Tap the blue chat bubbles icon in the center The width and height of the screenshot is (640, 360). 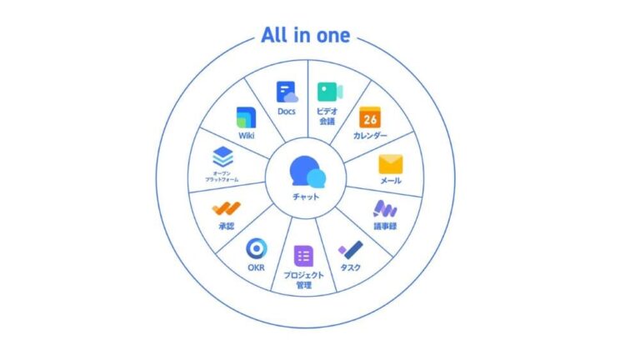[307, 172]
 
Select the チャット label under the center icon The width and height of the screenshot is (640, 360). [306, 196]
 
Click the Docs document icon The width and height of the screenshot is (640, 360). [287, 92]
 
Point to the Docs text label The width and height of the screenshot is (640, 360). [287, 112]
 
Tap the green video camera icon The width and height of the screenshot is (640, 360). [328, 92]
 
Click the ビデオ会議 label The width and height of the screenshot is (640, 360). [327, 116]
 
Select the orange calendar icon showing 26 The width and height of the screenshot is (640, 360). [370, 118]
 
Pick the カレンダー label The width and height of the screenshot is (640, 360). [370, 135]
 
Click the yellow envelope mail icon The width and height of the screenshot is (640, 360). [390, 163]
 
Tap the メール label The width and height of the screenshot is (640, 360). [390, 181]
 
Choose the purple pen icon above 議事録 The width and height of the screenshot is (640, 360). [384, 208]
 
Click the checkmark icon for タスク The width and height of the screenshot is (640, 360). [350, 248]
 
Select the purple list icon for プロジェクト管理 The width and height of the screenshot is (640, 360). [303, 257]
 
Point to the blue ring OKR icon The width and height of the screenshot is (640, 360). [256, 248]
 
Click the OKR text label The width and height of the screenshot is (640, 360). [256, 268]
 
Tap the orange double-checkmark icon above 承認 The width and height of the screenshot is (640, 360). [226, 208]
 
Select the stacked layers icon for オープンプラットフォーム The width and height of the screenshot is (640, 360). [222, 156]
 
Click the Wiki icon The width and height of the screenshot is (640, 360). [245, 117]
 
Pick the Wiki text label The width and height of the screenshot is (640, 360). [245, 135]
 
